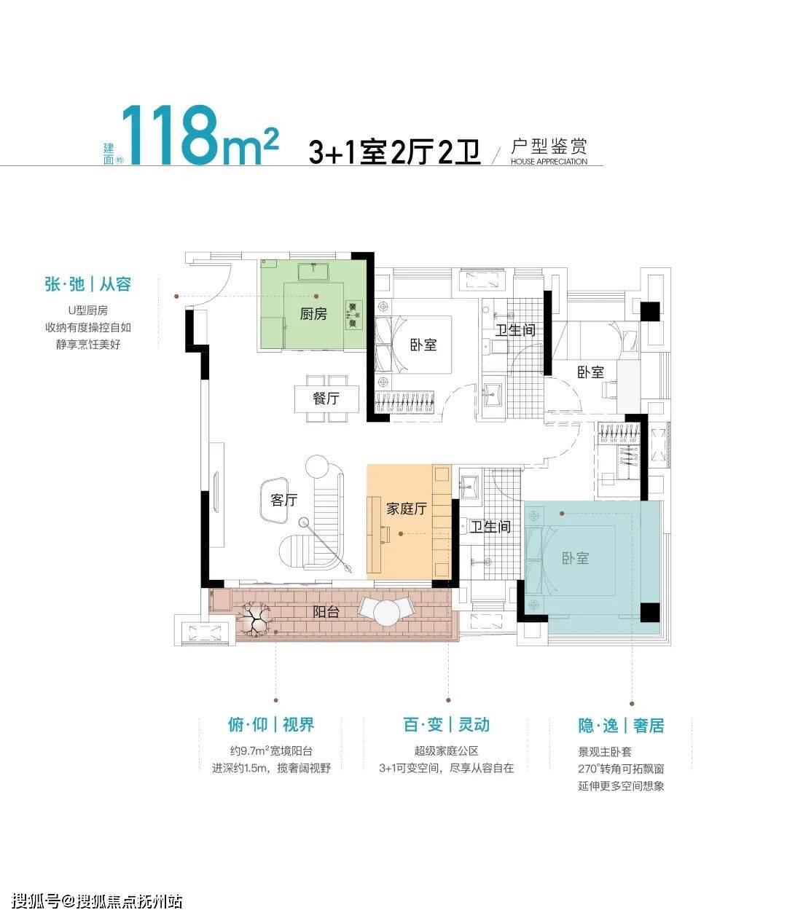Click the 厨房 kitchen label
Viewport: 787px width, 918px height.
coord(313,315)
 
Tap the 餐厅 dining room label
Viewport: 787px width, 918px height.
coord(326,399)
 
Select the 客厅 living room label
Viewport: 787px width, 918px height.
coord(283,500)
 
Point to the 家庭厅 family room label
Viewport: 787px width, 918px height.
coord(407,509)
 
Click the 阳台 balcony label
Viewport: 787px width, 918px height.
coord(326,612)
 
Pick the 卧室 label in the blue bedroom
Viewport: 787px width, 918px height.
coord(575,558)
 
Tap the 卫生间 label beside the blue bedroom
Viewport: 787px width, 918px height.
coord(490,527)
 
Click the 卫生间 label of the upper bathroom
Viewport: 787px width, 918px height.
coord(515,331)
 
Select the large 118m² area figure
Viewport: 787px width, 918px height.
coord(200,136)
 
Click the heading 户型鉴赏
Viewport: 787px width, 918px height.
coord(549,146)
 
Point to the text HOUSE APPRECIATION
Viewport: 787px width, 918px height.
coord(549,162)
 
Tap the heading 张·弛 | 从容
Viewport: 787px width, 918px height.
coord(88,284)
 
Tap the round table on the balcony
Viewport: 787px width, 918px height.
coord(387,613)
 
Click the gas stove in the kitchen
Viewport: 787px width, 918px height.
coord(354,315)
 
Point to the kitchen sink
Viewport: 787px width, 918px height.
coord(313,272)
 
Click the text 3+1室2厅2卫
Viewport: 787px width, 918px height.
coord(394,152)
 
